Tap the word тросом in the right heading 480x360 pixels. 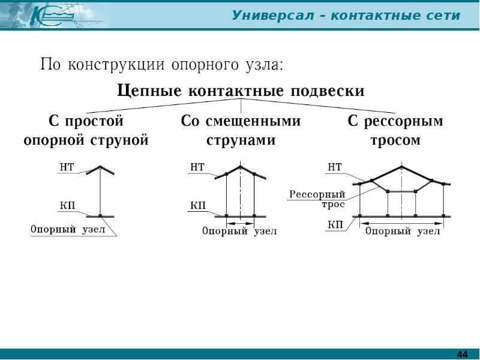[395, 141]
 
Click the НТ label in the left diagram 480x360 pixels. [67, 167]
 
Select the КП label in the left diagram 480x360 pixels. [67, 206]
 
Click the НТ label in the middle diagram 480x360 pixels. [197, 167]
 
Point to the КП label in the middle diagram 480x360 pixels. [198, 206]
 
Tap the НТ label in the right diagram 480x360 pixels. [335, 167]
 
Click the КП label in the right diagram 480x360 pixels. [335, 225]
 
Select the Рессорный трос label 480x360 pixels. [317, 199]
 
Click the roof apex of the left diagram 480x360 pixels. [100, 166]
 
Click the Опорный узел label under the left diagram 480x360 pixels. [68, 230]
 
